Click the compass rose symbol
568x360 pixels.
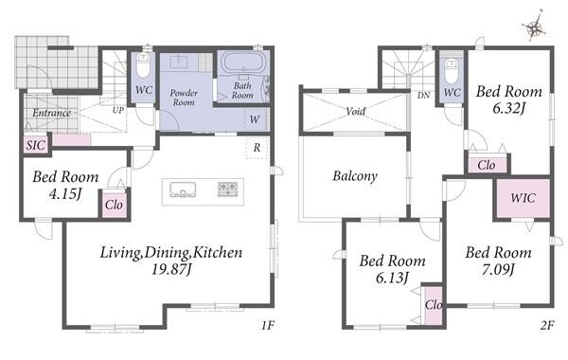pyautogui.click(x=534, y=27)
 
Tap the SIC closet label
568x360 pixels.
pyautogui.click(x=36, y=145)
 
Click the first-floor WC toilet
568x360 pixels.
pyautogui.click(x=143, y=65)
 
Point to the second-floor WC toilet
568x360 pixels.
pyautogui.click(x=452, y=71)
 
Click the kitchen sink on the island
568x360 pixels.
pyautogui.click(x=183, y=189)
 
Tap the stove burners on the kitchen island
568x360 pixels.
pyautogui.click(x=227, y=189)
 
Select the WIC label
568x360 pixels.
pyautogui.click(x=523, y=198)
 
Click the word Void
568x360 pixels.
pyautogui.click(x=355, y=111)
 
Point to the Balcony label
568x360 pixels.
pyautogui.click(x=355, y=176)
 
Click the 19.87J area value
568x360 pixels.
pyautogui.click(x=171, y=269)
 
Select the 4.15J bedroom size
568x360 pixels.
pyautogui.click(x=64, y=194)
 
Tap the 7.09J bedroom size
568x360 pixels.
pyautogui.click(x=498, y=269)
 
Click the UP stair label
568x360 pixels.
pyautogui.click(x=118, y=110)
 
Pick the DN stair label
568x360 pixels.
pyautogui.click(x=423, y=96)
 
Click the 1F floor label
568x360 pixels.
pyautogui.click(x=268, y=325)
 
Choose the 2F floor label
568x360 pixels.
pyautogui.click(x=547, y=325)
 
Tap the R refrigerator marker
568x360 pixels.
pyautogui.click(x=257, y=148)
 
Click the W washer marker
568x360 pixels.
pyautogui.click(x=255, y=119)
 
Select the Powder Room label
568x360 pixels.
pyautogui.click(x=184, y=98)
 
